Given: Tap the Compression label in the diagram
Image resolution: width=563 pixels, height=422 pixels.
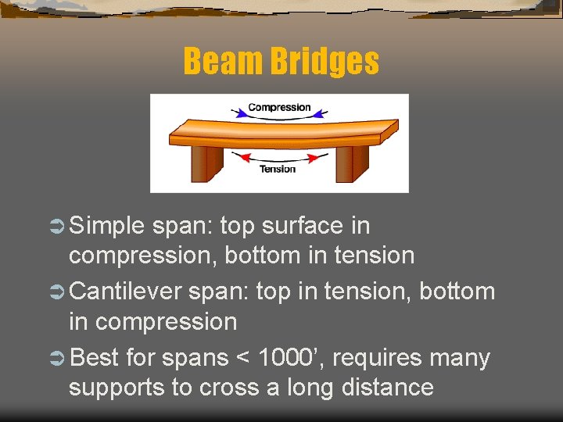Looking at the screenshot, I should (x=279, y=107).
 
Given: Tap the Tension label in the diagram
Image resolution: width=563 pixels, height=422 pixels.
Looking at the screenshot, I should (x=278, y=169).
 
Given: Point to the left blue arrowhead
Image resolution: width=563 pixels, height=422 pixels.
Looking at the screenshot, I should (x=235, y=114).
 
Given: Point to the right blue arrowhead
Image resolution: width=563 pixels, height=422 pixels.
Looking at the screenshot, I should (x=322, y=114).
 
